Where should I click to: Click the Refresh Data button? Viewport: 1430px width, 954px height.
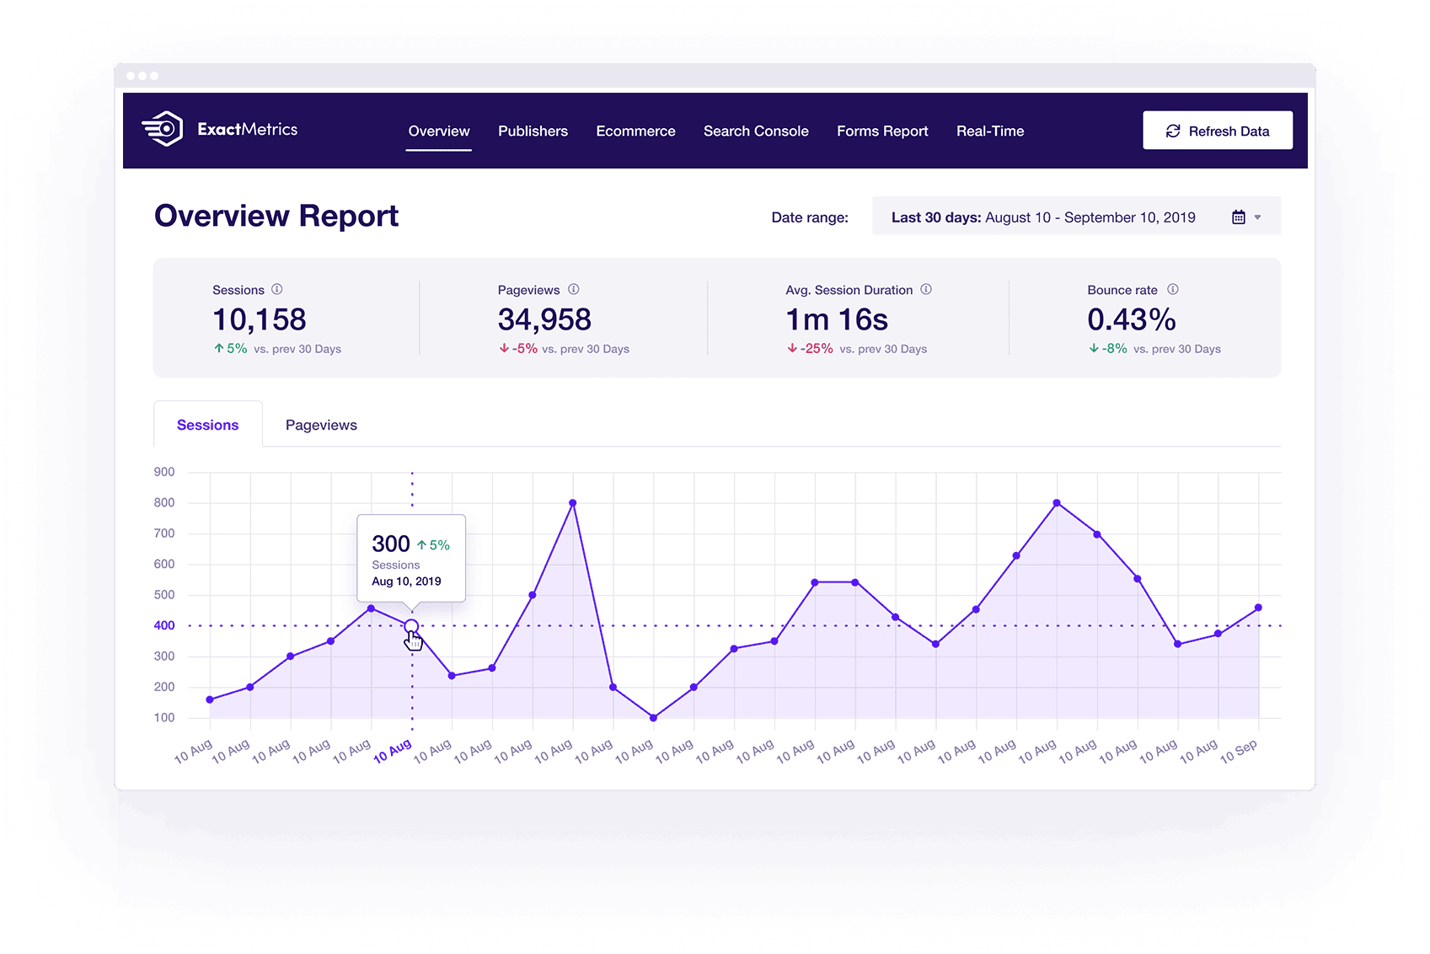pos(1217,131)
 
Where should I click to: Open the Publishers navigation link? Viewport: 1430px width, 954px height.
pos(533,131)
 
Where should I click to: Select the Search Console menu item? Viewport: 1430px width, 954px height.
pos(756,131)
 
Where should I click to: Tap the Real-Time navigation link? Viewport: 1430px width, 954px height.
pos(989,131)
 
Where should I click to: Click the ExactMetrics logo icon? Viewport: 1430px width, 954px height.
pos(163,128)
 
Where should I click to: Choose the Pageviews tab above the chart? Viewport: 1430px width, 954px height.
pos(321,425)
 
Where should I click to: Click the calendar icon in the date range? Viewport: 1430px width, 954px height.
pos(1238,217)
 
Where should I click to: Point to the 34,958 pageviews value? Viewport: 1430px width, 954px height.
pos(544,319)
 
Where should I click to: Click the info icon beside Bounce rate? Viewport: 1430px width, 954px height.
pos(1173,289)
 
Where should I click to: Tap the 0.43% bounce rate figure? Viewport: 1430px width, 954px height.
pos(1131,319)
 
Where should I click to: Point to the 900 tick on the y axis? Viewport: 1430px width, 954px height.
pos(164,472)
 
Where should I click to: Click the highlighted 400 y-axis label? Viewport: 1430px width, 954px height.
pos(164,625)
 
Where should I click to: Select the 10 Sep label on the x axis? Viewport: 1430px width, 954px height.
pos(1239,752)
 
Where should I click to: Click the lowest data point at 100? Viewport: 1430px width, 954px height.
pos(653,718)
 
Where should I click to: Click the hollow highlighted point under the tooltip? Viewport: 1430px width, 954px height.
pos(412,626)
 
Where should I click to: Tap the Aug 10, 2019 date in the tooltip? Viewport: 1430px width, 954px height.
pos(406,582)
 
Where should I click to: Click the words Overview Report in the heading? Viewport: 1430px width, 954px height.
pos(276,216)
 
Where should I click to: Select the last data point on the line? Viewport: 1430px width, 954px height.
pos(1258,608)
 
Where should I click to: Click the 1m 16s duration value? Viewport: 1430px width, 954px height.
pos(836,319)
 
